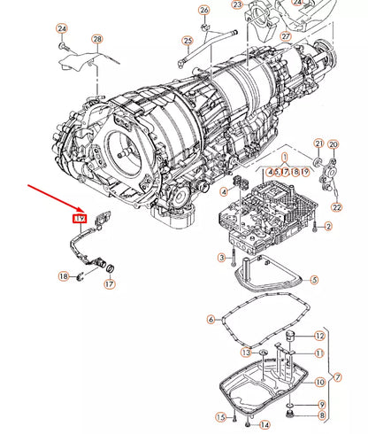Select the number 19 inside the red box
coord(79,218)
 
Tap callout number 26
coord(204,10)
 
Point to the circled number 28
coord(96,40)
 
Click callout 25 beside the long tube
coord(188,41)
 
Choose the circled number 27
coord(286,36)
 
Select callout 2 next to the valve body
coord(327,228)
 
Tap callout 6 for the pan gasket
coord(211,319)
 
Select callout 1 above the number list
coord(285,155)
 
